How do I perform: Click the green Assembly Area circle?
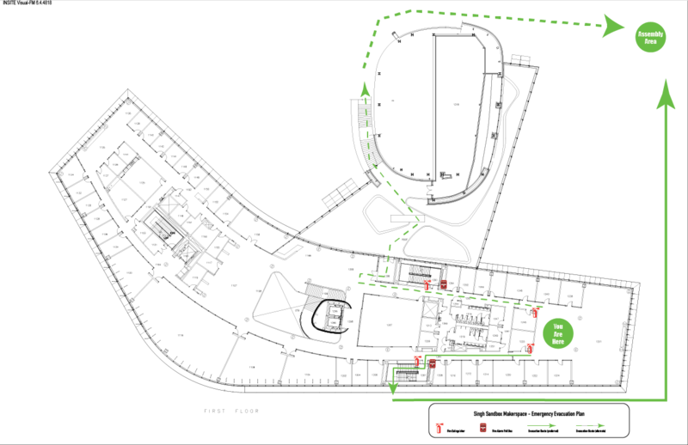click(x=650, y=37)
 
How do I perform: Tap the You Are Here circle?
click(x=558, y=333)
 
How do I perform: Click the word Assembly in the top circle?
click(x=650, y=34)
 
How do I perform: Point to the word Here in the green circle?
click(x=558, y=341)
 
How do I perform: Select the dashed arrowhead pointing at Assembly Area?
click(x=612, y=26)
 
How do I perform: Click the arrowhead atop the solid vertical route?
click(x=666, y=94)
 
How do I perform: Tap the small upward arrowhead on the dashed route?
click(x=365, y=89)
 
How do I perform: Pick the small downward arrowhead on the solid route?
click(x=393, y=387)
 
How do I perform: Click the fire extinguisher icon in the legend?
click(x=439, y=427)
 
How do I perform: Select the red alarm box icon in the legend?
click(x=482, y=427)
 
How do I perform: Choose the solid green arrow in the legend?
click(x=541, y=425)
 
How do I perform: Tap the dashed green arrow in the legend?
click(x=590, y=425)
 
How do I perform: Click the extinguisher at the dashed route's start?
click(x=535, y=311)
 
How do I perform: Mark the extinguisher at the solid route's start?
click(x=530, y=347)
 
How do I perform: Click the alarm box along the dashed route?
click(x=444, y=283)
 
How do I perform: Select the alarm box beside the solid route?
click(x=433, y=363)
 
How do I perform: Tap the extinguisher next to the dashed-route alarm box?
click(x=427, y=284)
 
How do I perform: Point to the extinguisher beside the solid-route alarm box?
click(x=417, y=359)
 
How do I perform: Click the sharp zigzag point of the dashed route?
click(x=418, y=221)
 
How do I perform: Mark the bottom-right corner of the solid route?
click(x=666, y=399)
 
